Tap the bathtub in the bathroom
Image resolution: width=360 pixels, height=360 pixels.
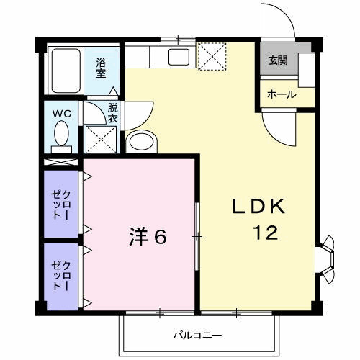66,71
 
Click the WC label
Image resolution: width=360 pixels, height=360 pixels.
62,114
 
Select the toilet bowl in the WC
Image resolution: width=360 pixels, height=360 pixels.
62,133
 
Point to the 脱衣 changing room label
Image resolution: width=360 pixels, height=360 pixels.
112,113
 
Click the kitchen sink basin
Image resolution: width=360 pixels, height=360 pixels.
179,57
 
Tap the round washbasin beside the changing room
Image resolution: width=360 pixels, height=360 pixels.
141,141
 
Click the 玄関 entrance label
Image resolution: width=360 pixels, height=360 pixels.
278,60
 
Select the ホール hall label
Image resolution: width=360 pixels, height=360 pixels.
282,94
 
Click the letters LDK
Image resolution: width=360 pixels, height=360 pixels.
259,207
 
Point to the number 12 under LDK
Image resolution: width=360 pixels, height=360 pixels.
266,233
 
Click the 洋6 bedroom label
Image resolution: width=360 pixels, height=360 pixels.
148,236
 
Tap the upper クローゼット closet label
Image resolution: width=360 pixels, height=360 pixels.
61,204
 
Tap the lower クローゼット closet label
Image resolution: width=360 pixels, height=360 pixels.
61,276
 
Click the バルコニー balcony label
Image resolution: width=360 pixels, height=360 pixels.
197,336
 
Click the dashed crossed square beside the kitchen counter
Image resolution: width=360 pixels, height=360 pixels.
212,57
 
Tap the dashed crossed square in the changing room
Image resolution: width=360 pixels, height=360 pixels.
101,139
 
